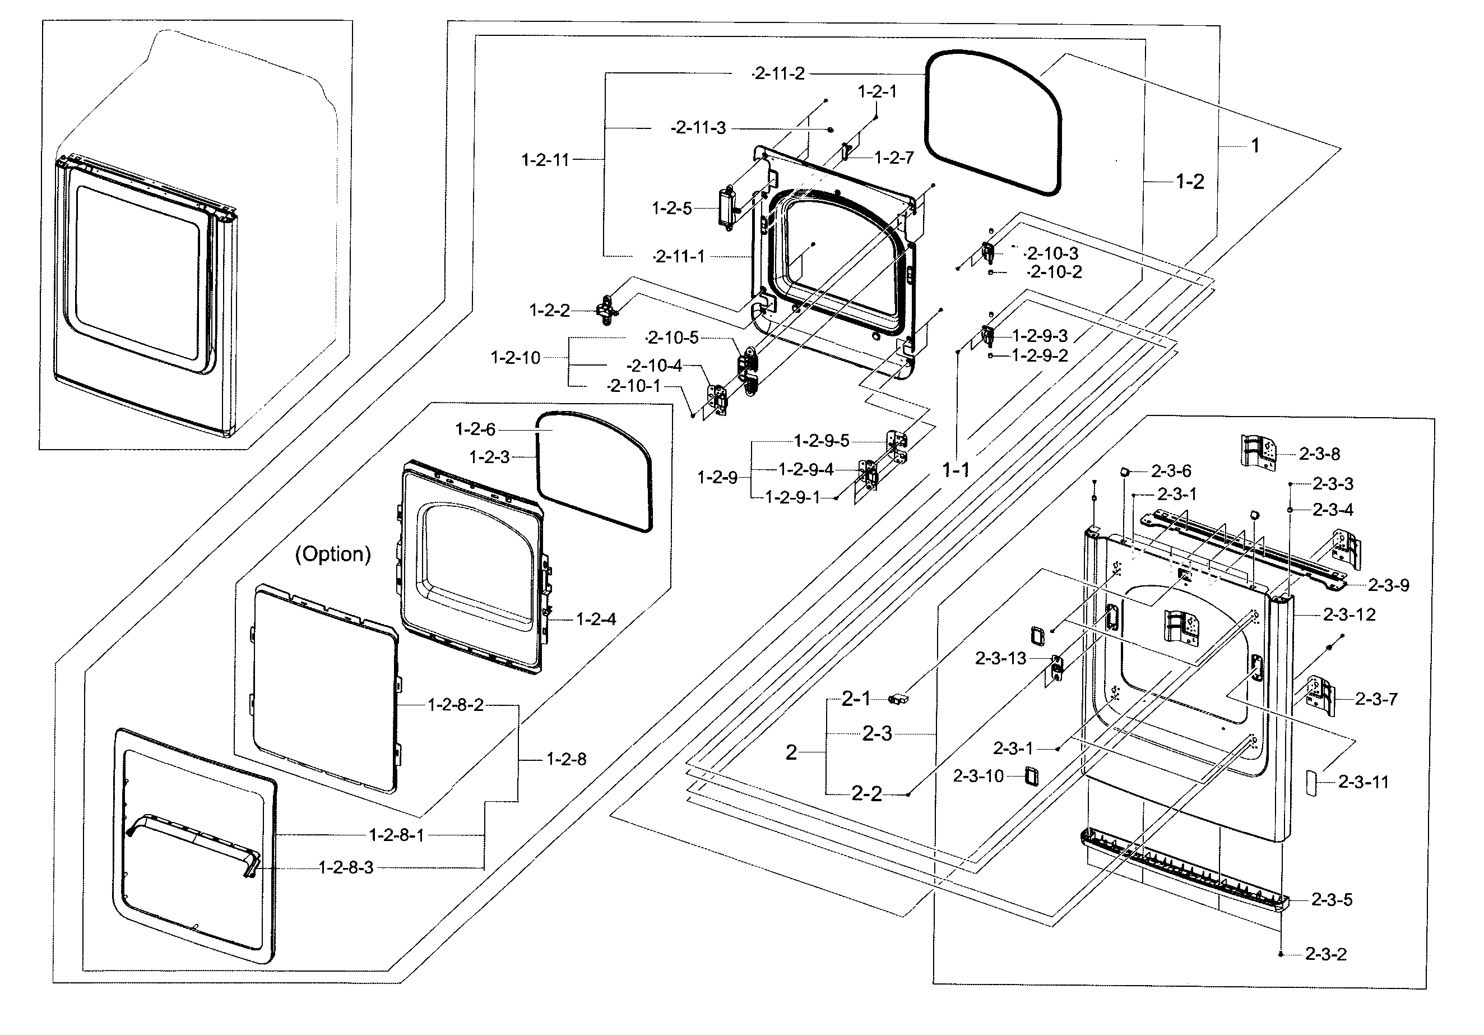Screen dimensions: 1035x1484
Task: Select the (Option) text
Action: tap(333, 554)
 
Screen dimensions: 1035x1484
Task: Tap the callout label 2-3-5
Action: tap(1332, 900)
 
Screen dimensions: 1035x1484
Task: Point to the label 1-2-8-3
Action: tap(346, 867)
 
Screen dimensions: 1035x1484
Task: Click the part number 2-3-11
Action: tap(1363, 782)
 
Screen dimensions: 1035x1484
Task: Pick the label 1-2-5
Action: tap(671, 208)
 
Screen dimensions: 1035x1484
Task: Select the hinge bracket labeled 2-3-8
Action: tap(1256, 451)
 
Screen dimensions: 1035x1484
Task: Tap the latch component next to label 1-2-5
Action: tap(727, 206)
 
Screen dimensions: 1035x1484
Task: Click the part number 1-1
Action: tap(956, 470)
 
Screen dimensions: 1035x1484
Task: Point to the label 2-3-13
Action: tap(1000, 658)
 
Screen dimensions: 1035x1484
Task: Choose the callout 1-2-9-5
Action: tap(822, 441)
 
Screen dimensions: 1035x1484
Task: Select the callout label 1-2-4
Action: tap(595, 620)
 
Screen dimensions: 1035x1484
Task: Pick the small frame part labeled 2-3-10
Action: tap(1031, 777)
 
